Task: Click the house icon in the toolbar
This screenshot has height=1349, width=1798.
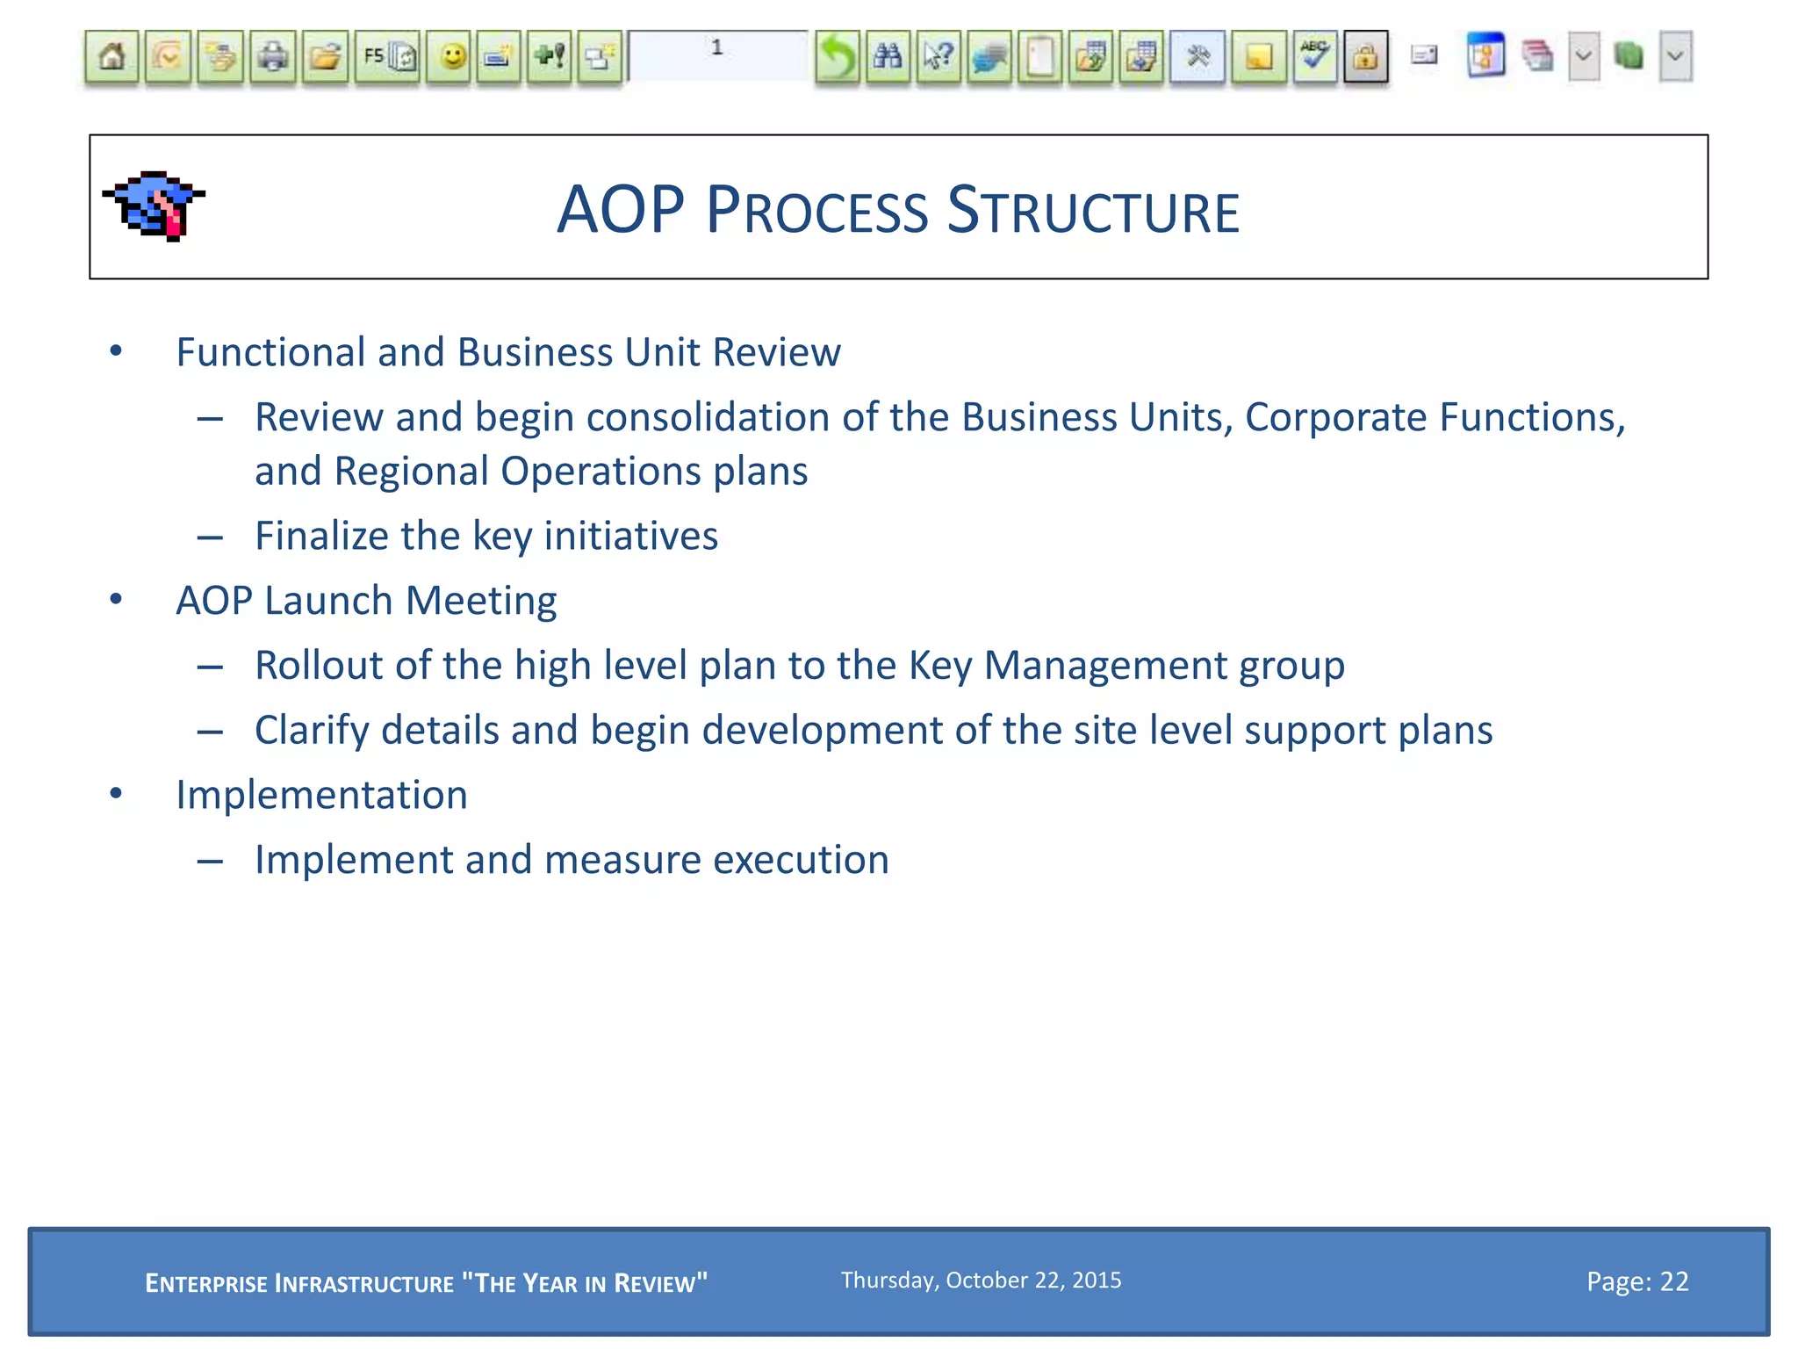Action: (x=111, y=58)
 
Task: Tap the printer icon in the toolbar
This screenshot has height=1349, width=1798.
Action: (x=273, y=58)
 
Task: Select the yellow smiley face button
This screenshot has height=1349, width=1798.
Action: (x=452, y=58)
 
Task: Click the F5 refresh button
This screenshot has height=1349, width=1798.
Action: (x=388, y=58)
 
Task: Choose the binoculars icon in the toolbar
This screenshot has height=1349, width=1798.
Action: (x=887, y=58)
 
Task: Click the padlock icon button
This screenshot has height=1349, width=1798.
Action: (x=1365, y=58)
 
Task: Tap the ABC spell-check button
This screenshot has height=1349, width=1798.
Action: (x=1314, y=58)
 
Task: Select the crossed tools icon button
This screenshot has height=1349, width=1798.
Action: (x=1197, y=58)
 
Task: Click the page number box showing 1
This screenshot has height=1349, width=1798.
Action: (x=717, y=54)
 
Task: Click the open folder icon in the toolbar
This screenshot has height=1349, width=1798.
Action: (x=325, y=58)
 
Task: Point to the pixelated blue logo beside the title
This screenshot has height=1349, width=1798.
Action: (x=155, y=206)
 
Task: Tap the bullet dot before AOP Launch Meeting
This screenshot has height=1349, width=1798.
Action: (x=116, y=600)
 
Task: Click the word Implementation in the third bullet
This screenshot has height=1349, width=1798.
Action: (x=321, y=795)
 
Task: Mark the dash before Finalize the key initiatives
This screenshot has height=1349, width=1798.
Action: (x=210, y=537)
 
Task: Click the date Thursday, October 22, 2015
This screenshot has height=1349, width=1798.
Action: (x=981, y=1280)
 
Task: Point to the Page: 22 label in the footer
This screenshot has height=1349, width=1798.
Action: (x=1636, y=1281)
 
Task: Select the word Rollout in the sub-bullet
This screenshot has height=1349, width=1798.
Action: (x=318, y=666)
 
